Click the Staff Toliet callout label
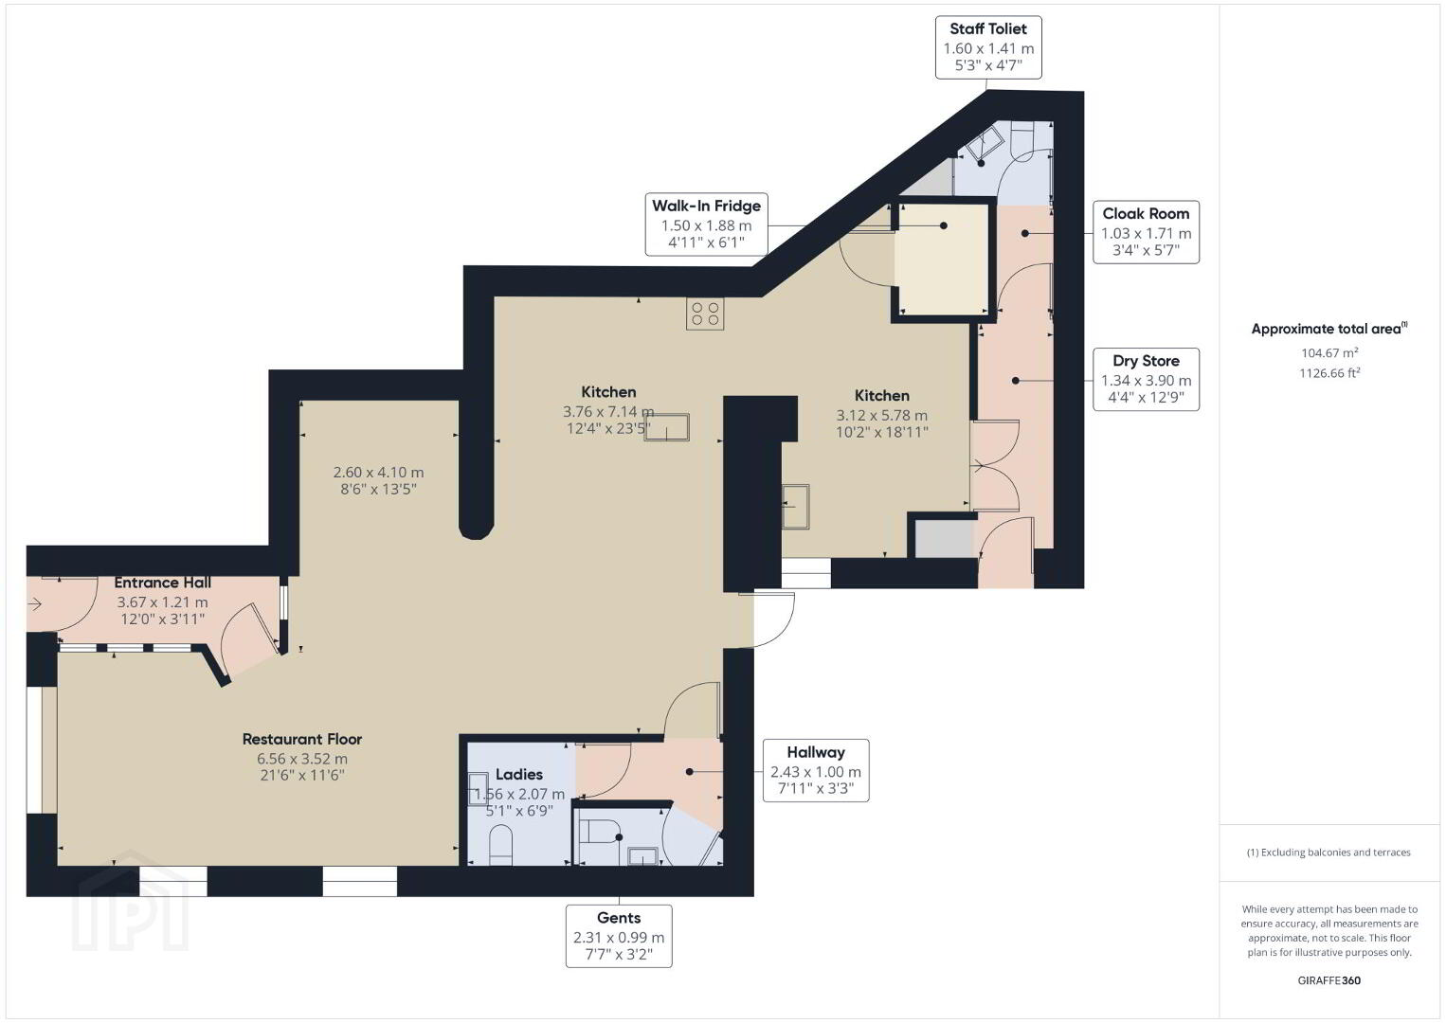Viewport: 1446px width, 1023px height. tap(988, 47)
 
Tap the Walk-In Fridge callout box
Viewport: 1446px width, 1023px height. tap(706, 224)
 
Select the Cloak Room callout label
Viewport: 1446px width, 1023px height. tap(1146, 232)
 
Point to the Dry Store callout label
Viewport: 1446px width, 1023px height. tap(1146, 379)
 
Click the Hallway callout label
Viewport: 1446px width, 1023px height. tap(816, 771)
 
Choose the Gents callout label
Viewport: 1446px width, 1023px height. tap(619, 936)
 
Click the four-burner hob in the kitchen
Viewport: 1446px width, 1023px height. tap(705, 314)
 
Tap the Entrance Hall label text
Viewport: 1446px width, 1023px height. tap(163, 583)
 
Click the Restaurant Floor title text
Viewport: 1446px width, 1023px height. tap(302, 739)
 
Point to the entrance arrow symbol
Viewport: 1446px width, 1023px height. tap(35, 604)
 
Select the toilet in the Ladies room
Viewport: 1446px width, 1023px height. tap(500, 844)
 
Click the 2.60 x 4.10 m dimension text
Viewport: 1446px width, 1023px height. tap(378, 473)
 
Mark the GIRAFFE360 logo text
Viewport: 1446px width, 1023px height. tap(1329, 980)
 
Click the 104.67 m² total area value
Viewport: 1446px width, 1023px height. tap(1329, 353)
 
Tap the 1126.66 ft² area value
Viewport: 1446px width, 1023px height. tap(1329, 372)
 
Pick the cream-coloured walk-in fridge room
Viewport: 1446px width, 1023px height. tap(943, 259)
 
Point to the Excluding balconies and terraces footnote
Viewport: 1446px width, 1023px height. tap(1329, 852)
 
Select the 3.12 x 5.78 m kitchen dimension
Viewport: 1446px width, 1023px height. tap(882, 415)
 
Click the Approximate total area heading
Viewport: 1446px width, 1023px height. tap(1329, 329)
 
